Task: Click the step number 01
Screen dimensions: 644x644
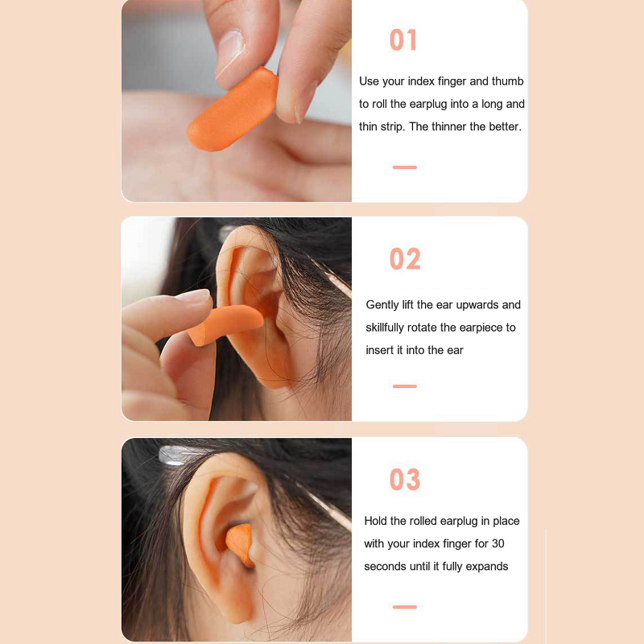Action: coord(403,40)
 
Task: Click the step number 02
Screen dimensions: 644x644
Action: coord(405,259)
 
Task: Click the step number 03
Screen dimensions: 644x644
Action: coord(405,480)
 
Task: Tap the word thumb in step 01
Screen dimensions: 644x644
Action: coord(507,81)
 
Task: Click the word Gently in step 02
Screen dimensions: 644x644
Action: coord(382,305)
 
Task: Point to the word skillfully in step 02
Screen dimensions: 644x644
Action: coord(393,328)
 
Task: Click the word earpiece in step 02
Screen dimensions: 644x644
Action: coord(483,328)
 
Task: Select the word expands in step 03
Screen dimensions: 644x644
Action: coord(488,566)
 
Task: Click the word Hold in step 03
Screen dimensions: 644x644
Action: coord(377,521)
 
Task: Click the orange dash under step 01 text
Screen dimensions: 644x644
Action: coord(404,167)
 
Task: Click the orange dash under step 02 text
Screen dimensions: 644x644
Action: coord(404,386)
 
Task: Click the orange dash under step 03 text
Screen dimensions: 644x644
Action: coord(404,606)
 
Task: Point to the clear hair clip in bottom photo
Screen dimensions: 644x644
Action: coord(173,456)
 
